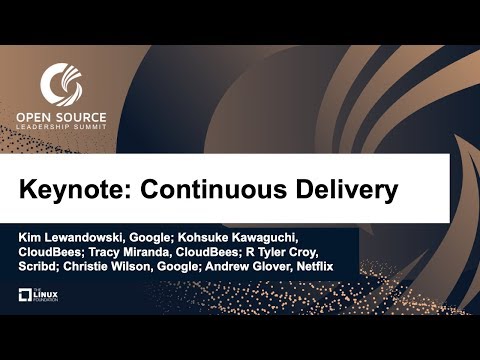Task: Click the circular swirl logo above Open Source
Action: tap(59, 84)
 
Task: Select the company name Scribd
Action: tap(39, 268)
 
